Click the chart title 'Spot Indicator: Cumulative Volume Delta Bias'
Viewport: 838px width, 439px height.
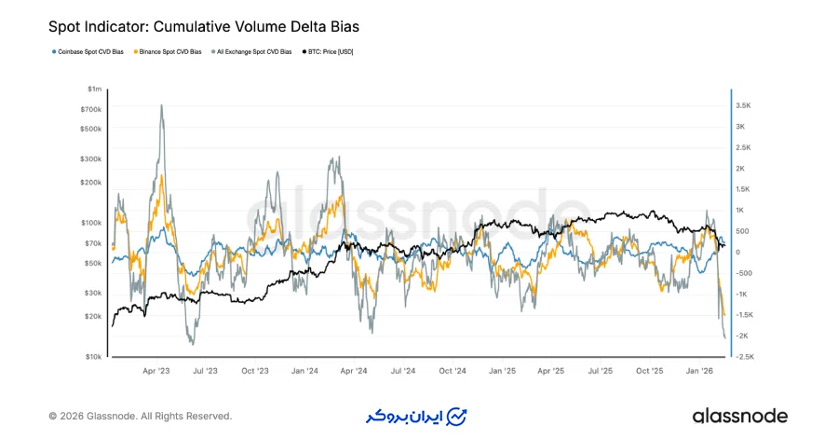coord(203,28)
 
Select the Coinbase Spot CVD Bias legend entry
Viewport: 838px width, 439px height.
coord(89,51)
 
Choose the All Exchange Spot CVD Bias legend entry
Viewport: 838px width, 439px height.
coord(254,51)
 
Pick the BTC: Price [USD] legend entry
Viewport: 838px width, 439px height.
coord(331,51)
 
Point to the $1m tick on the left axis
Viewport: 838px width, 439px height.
coord(94,89)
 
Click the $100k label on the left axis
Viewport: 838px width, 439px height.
coord(93,223)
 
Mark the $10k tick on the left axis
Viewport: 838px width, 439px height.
coord(94,357)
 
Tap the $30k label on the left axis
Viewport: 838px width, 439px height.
coord(94,293)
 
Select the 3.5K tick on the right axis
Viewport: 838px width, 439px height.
coord(744,106)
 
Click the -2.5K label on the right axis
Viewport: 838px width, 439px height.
coord(746,356)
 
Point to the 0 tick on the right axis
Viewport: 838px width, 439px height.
coord(738,252)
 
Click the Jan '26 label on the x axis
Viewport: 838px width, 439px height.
coord(700,371)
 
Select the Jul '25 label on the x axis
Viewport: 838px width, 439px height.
coord(601,371)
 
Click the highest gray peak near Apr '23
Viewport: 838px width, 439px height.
coord(162,105)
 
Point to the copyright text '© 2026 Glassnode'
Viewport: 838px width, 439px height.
coord(140,416)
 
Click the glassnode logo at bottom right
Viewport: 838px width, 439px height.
coord(739,416)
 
